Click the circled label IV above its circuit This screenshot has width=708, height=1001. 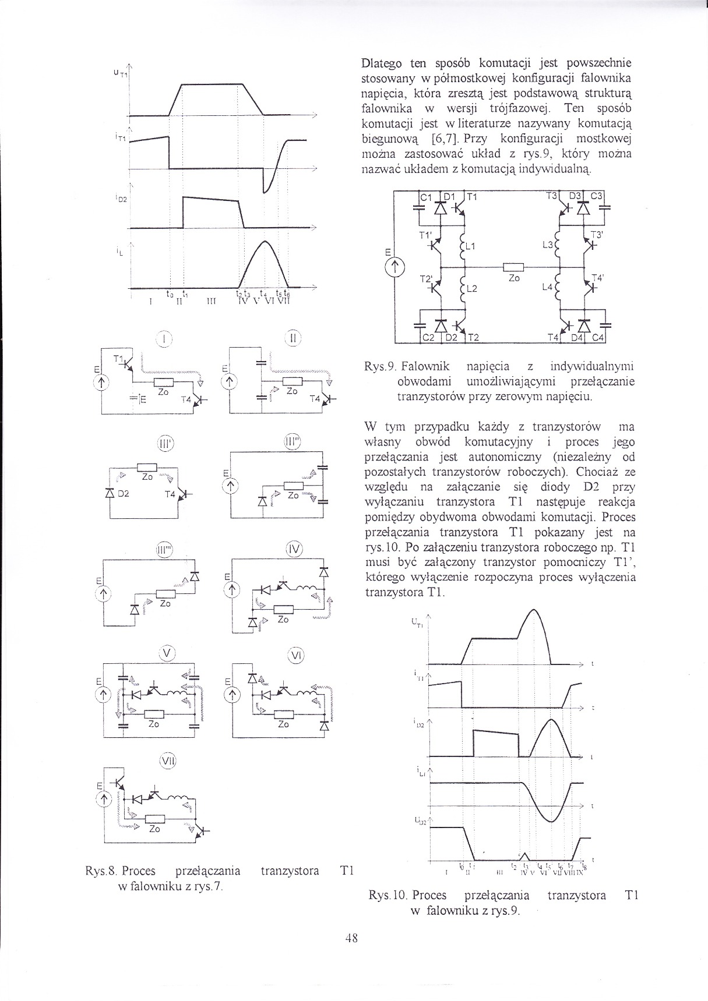[294, 549]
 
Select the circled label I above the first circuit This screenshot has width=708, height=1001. [164, 338]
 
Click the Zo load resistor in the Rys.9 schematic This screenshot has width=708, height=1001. [514, 267]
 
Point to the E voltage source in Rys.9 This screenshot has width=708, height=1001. [394, 267]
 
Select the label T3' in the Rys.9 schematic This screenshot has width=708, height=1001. [596, 235]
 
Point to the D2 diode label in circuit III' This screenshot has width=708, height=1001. [123, 494]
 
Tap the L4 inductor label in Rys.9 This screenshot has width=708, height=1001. [546, 287]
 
